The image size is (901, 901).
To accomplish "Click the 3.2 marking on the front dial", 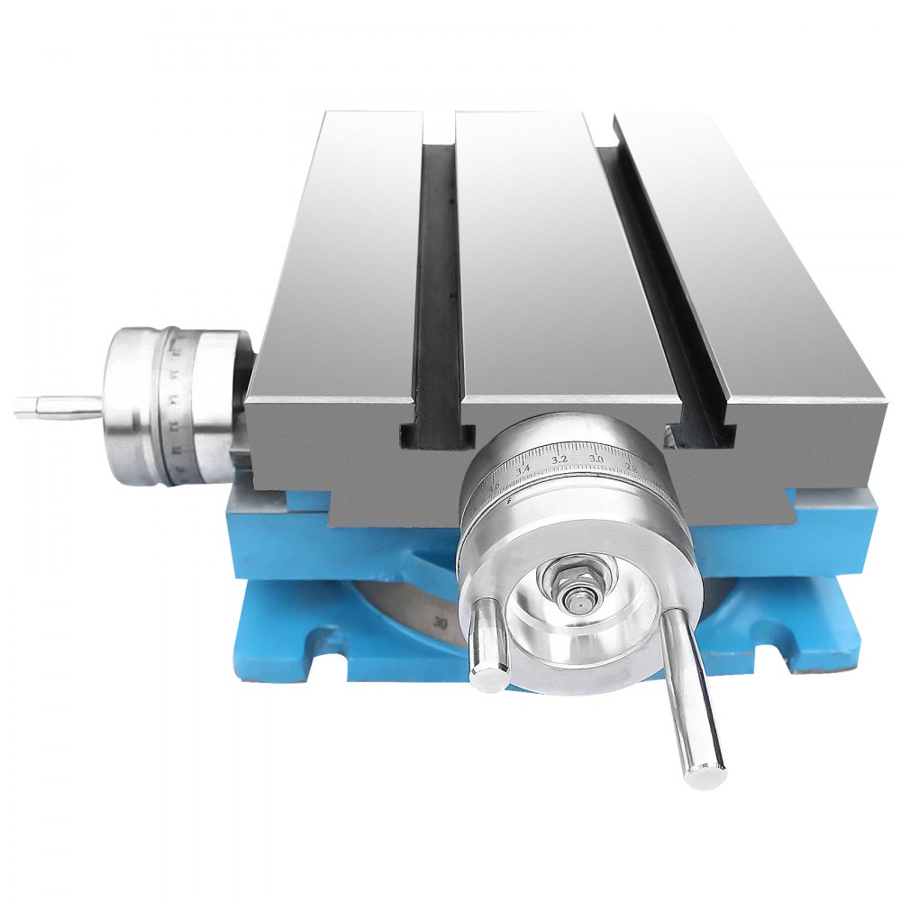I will (x=559, y=459).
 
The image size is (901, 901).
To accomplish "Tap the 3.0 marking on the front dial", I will (x=596, y=460).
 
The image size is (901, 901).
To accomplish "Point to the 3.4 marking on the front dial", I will (x=523, y=469).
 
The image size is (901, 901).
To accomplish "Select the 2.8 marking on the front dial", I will (x=631, y=468).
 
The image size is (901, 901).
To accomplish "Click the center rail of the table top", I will (x=541, y=252).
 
